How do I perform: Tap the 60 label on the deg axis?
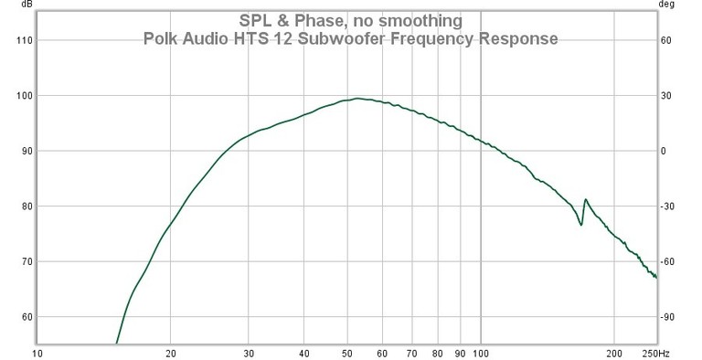click(x=667, y=40)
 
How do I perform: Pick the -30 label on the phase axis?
click(x=668, y=206)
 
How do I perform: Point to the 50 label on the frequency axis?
click(x=346, y=353)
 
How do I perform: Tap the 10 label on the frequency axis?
click(x=37, y=353)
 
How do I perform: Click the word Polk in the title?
click(x=161, y=39)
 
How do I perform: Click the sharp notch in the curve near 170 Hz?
click(x=581, y=224)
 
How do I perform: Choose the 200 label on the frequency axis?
click(x=614, y=353)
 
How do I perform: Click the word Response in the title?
click(x=520, y=39)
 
